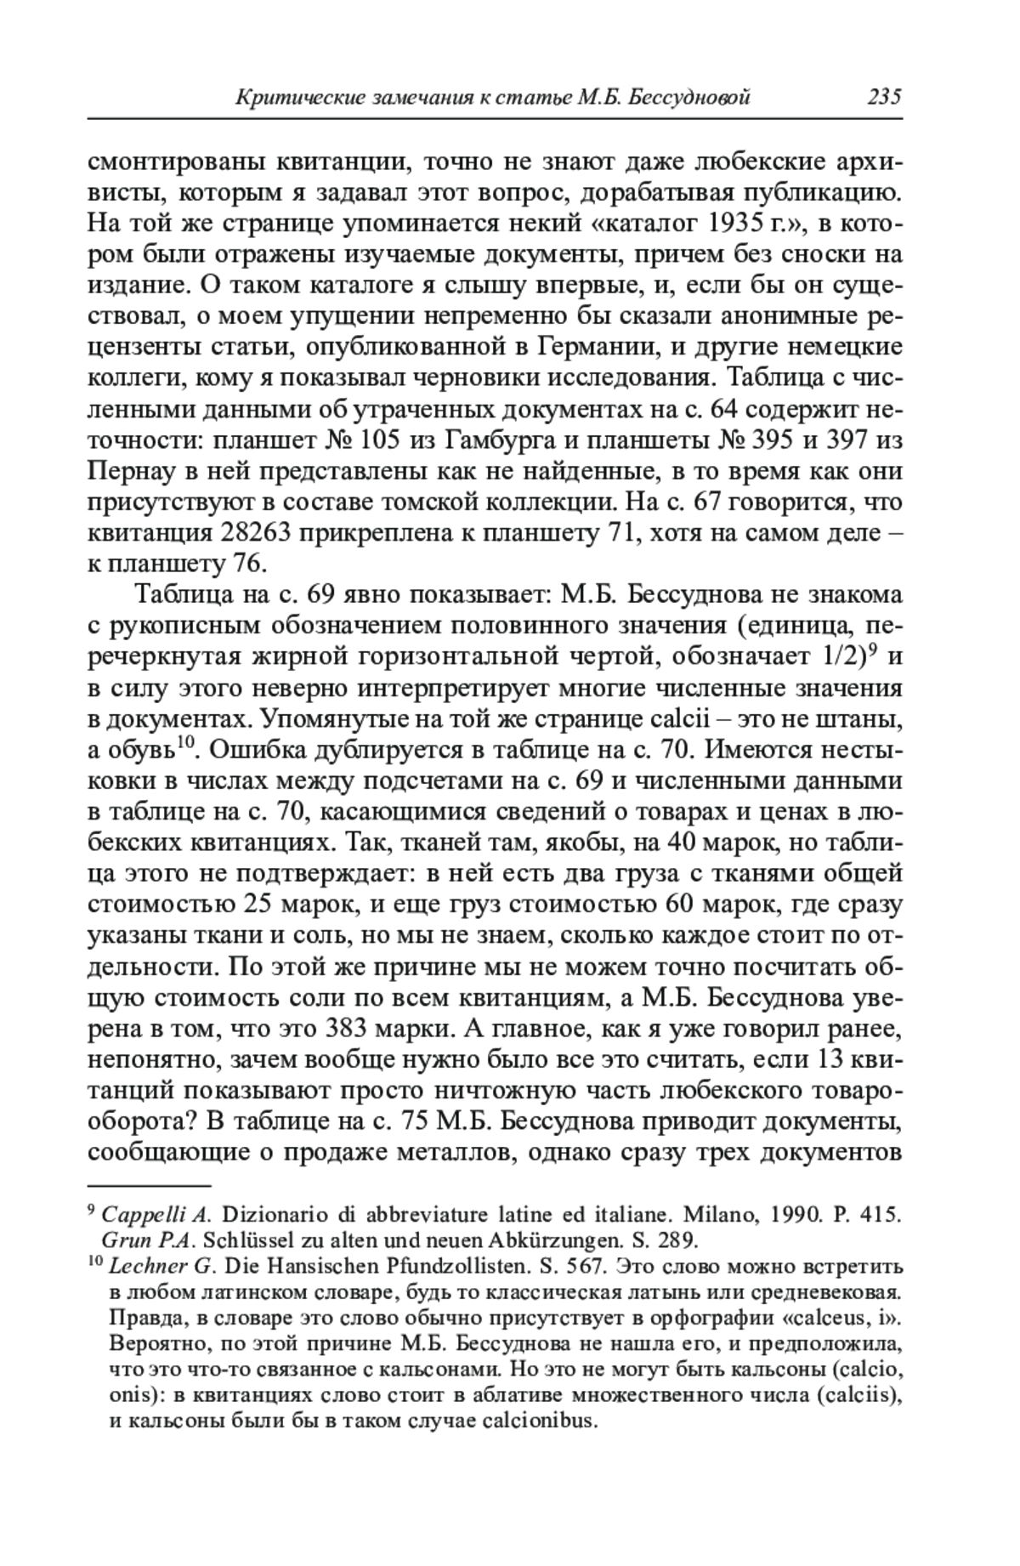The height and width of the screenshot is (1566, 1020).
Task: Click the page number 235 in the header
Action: click(883, 97)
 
